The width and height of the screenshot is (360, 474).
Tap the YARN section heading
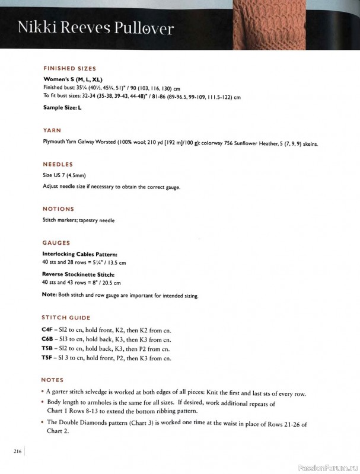coord(52,130)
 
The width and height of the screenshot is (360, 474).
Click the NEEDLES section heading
coord(58,164)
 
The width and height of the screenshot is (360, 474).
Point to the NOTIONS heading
coord(58,209)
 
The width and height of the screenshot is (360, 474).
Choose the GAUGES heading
coord(56,243)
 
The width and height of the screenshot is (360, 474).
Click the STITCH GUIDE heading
coord(66,318)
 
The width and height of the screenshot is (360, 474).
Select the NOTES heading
coord(52,380)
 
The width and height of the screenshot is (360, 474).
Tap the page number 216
coord(18,452)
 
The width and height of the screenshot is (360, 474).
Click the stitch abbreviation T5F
coord(47,358)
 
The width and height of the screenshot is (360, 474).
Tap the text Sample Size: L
coord(62,108)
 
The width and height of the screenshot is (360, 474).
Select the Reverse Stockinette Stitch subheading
coord(78,274)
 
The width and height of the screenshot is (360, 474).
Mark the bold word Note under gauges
coord(49,294)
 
